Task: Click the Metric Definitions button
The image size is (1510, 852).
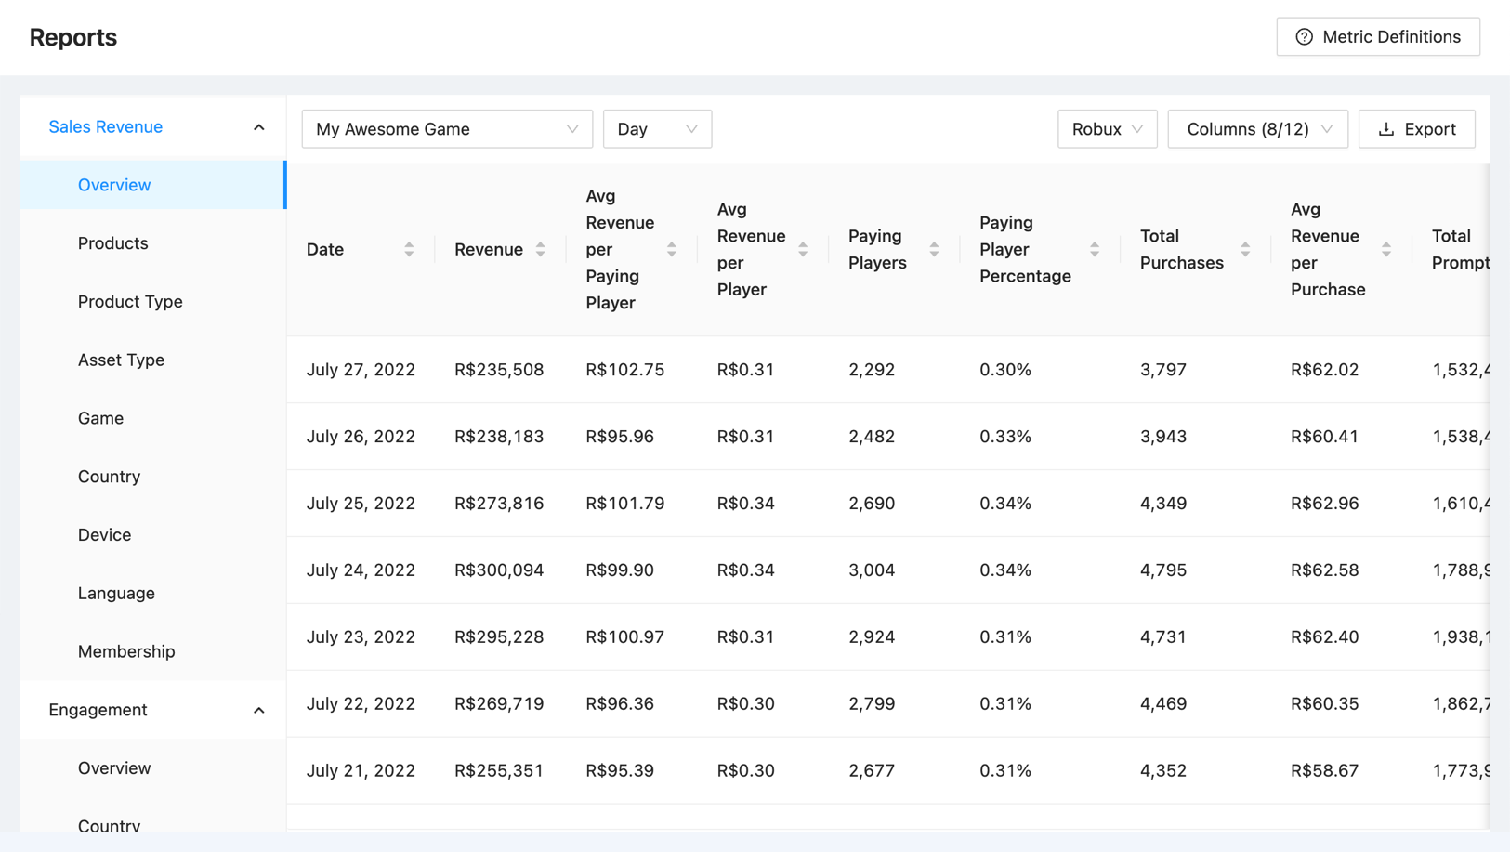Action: tap(1377, 37)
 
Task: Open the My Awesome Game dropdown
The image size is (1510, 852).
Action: tap(447, 129)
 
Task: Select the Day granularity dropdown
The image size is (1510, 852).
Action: tap(657, 129)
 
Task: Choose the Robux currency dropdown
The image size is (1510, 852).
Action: tap(1107, 129)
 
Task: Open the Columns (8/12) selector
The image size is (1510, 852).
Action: tap(1257, 129)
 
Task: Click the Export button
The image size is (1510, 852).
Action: tap(1416, 129)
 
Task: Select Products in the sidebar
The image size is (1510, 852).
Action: tap(113, 243)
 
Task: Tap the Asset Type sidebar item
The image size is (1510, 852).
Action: tap(121, 360)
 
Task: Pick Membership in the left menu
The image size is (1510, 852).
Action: tap(126, 651)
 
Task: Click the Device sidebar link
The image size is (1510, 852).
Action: tap(104, 535)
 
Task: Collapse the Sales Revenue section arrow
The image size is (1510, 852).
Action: tap(258, 127)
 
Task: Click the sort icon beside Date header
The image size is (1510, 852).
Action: tap(409, 249)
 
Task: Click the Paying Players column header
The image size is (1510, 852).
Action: tap(877, 249)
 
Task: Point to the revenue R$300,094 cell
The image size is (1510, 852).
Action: tap(499, 570)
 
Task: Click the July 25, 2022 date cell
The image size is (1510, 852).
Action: tap(361, 504)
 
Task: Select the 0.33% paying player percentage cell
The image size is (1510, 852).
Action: tap(1005, 437)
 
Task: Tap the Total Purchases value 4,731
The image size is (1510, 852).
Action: tap(1163, 637)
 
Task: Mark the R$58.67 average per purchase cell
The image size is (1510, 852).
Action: tap(1324, 770)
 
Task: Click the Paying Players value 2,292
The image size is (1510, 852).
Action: tap(872, 370)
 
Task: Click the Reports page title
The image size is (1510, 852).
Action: tap(73, 37)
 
